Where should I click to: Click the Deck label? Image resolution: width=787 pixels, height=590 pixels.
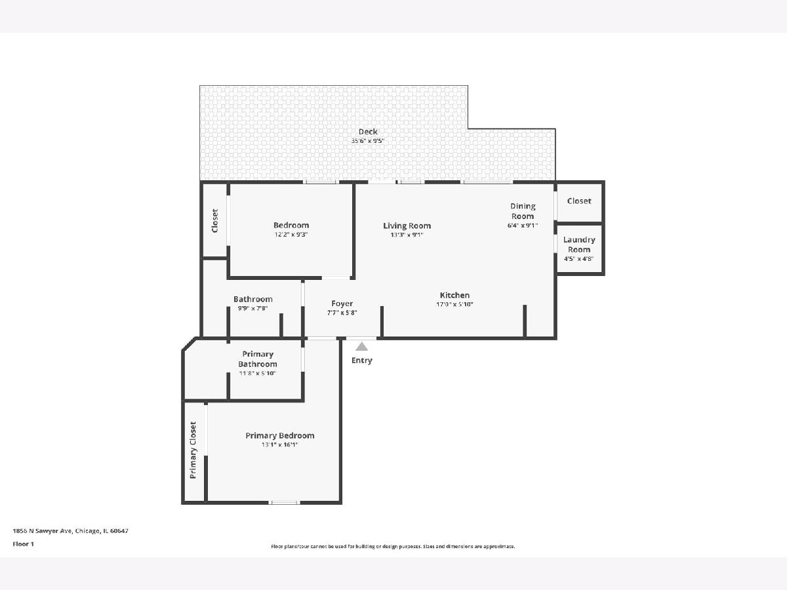368,132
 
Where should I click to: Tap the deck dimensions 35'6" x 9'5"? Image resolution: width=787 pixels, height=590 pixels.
367,141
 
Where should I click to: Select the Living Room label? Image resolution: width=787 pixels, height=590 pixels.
407,226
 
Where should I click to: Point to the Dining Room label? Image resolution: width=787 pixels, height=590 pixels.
523,211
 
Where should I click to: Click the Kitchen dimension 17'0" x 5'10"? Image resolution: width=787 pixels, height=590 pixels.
454,304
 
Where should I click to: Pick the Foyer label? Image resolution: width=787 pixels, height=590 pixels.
342,304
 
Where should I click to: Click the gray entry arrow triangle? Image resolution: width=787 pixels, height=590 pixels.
362,346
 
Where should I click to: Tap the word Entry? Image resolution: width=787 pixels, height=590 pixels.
362,361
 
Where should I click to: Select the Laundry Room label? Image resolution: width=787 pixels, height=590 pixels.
579,245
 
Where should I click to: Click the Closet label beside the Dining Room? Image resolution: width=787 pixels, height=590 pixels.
579,201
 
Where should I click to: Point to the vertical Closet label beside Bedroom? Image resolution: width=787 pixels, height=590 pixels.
214,221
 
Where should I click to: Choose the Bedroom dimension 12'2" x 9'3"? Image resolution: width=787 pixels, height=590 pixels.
291,235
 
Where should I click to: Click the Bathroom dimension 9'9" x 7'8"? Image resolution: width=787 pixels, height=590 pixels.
252,308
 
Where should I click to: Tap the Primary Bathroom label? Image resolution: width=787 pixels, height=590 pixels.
258,359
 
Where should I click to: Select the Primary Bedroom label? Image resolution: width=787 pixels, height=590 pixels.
280,435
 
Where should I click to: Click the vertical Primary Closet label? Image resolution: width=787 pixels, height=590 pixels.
193,450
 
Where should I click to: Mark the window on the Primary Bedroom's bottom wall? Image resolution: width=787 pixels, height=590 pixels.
285,502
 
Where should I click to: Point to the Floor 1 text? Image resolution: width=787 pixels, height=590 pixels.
24,544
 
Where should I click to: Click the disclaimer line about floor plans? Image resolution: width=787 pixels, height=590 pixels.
393,546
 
